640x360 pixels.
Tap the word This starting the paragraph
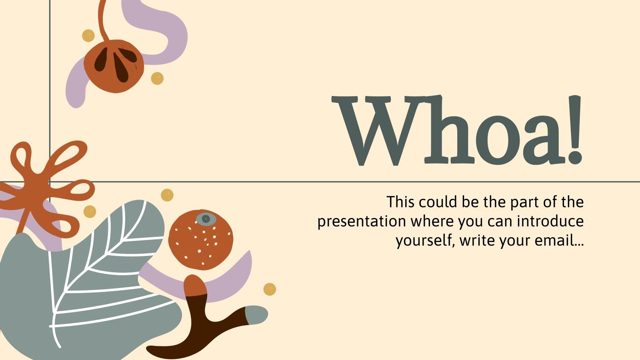click(x=400, y=202)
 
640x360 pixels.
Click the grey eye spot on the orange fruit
click(x=206, y=218)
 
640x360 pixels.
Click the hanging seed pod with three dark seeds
click(x=113, y=66)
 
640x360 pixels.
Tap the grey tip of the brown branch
click(x=257, y=315)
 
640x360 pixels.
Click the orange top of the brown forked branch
click(x=195, y=286)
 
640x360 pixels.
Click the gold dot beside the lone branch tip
click(x=270, y=289)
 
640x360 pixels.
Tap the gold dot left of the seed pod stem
click(x=88, y=36)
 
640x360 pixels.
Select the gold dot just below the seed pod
click(x=157, y=78)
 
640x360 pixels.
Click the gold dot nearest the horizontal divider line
click(x=167, y=195)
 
